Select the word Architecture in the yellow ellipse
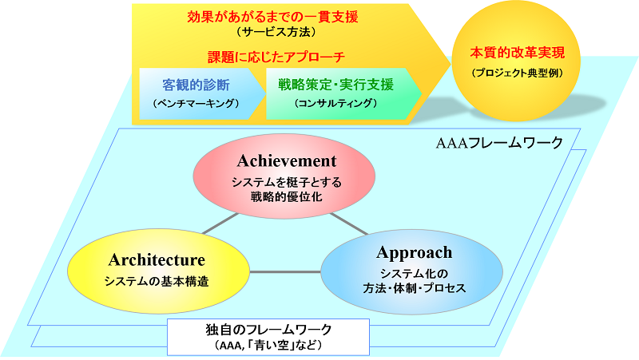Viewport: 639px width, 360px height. [x=157, y=260]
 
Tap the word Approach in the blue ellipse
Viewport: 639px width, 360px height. [x=414, y=253]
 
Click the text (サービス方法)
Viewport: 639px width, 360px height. [x=278, y=33]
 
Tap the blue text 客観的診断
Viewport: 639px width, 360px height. [x=195, y=84]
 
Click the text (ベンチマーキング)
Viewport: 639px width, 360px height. [x=195, y=104]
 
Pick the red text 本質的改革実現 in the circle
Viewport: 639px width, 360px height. [x=518, y=53]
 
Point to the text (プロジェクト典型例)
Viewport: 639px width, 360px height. [x=518, y=73]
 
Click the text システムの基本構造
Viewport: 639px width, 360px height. [x=157, y=280]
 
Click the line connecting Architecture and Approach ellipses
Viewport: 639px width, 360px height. [x=285, y=273]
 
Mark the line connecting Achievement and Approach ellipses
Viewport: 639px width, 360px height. [x=348, y=223]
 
